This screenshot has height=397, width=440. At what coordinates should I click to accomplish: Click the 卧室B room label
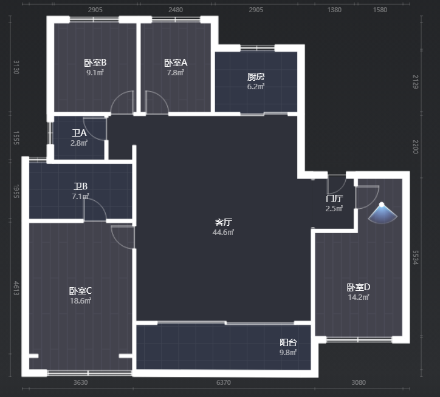(95, 63)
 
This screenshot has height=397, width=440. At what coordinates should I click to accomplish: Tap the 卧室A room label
(176, 63)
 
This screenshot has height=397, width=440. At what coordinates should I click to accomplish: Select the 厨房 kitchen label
(256, 76)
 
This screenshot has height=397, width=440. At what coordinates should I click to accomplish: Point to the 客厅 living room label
(224, 222)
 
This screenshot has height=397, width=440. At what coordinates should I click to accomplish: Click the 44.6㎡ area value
(224, 232)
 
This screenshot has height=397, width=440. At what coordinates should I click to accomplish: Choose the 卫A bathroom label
(79, 133)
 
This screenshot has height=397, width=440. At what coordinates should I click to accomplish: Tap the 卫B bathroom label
(81, 186)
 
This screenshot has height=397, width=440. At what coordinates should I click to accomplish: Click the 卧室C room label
(81, 291)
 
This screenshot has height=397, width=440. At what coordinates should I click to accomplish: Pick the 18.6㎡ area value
(81, 301)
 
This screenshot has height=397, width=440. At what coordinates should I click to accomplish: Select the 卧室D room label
(359, 287)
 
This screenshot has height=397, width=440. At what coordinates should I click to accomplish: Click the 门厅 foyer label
(334, 198)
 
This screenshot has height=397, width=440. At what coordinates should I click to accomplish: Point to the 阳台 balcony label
(288, 342)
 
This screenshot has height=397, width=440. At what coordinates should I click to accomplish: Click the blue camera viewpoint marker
(382, 213)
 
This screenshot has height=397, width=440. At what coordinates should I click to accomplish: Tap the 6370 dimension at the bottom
(224, 382)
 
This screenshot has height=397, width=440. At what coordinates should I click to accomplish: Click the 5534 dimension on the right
(416, 257)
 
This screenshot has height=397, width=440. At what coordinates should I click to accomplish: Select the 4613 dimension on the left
(16, 288)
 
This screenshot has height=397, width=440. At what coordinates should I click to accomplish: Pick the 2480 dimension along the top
(176, 10)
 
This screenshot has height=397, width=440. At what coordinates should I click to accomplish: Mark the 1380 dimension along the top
(334, 10)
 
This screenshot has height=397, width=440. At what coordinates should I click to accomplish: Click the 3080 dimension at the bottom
(359, 382)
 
